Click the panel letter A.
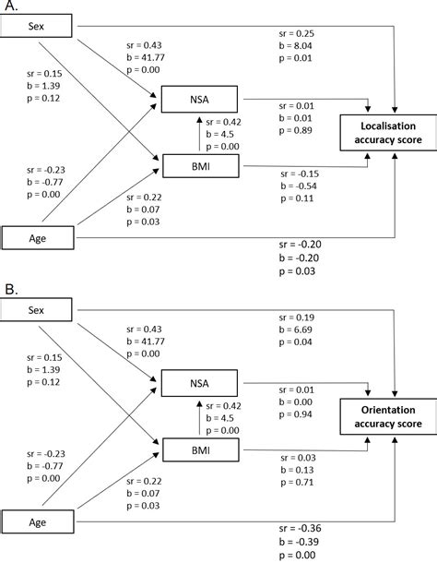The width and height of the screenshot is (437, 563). pos(9,6)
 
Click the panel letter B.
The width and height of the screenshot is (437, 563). pos(9,289)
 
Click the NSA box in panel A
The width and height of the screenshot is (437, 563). pos(198,100)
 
